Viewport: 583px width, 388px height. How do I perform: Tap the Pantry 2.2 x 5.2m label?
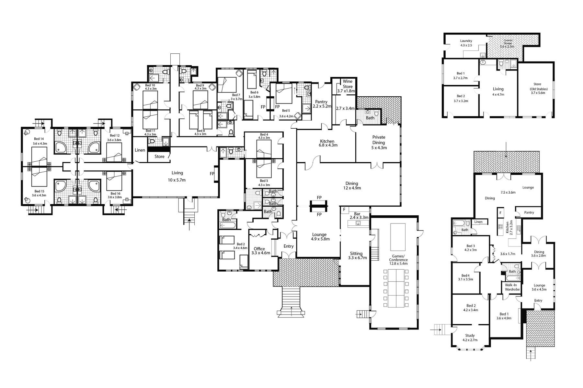point(321,104)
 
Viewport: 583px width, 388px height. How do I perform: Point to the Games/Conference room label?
point(398,260)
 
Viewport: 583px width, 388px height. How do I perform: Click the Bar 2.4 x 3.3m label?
point(359,216)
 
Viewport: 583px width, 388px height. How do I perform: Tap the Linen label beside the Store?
point(140,150)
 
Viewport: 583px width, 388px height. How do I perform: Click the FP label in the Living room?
point(212,174)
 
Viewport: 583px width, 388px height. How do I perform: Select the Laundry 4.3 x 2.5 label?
point(466,43)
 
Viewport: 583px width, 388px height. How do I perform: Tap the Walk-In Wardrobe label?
point(512,287)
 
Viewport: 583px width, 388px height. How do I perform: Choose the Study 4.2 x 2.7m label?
point(470,338)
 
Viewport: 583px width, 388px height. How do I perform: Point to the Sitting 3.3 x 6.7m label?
point(357,255)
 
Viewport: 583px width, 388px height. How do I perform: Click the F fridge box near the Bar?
point(344,210)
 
